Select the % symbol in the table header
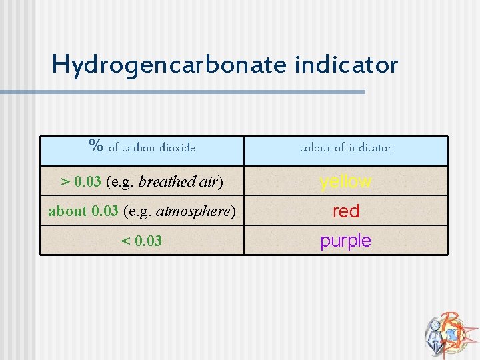click(x=96, y=146)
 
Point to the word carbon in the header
click(x=137, y=147)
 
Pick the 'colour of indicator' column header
click(x=345, y=147)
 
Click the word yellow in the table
click(x=345, y=181)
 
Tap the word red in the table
click(x=345, y=211)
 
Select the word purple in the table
click(x=345, y=241)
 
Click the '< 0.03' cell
click(x=141, y=241)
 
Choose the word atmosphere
click(x=193, y=211)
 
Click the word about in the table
click(x=67, y=211)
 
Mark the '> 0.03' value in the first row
click(x=81, y=181)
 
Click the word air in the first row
click(x=208, y=181)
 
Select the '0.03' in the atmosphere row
click(x=105, y=211)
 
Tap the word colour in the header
click(x=315, y=147)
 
